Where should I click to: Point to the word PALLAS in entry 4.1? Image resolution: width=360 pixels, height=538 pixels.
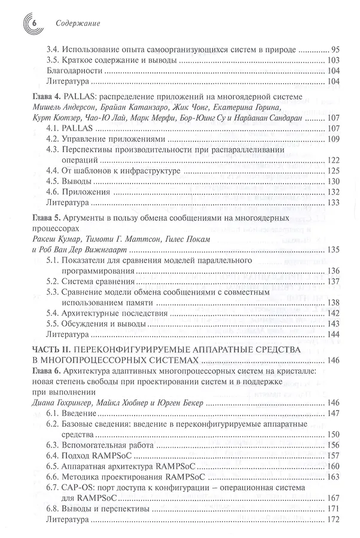[77, 129]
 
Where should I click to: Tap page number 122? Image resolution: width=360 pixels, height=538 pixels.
[334, 161]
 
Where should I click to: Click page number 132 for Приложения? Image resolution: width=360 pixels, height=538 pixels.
[334, 192]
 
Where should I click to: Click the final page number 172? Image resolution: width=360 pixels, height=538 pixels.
[334, 520]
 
